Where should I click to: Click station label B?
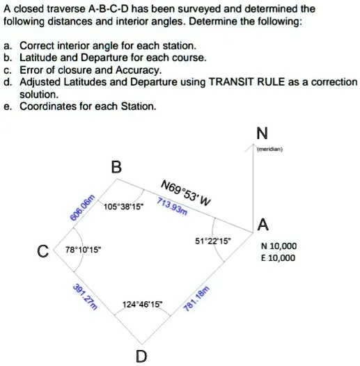116,167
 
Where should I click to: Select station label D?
141,356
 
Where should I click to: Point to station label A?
262,224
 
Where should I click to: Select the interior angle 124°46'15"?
141,304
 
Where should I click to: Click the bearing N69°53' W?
185,193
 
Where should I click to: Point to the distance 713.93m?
172,207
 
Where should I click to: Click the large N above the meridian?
260,133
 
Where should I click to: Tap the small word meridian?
268,148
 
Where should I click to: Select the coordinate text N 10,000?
279,246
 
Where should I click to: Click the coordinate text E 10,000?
278,257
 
